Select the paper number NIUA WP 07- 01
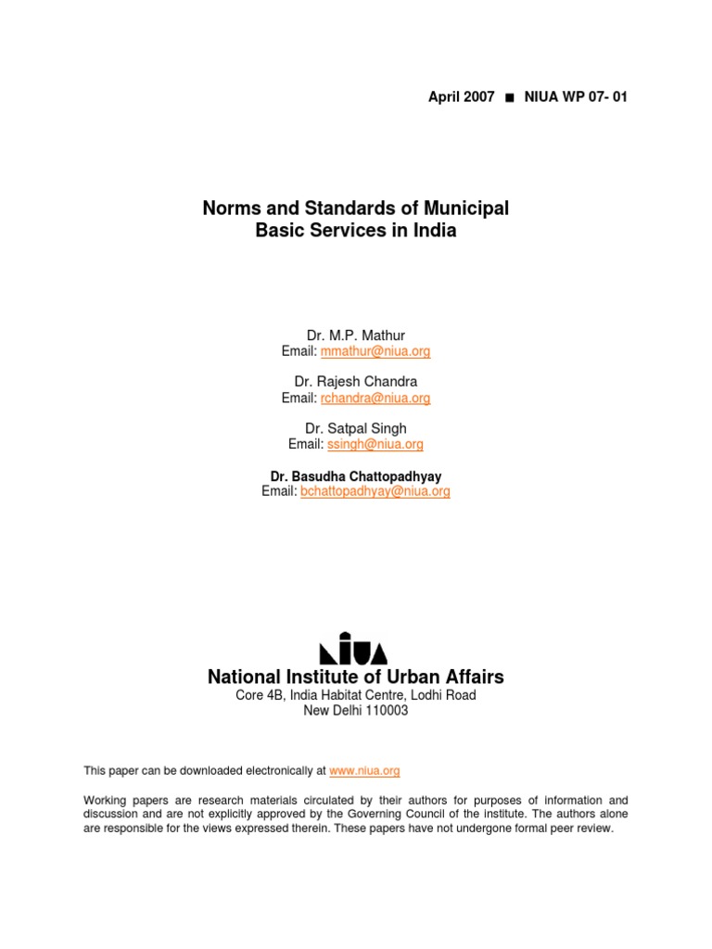click(x=575, y=97)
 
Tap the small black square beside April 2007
click(x=509, y=98)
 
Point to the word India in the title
click(x=435, y=231)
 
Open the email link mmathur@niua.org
click(x=375, y=351)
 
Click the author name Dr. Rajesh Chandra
click(x=356, y=381)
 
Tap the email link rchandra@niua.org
click(x=375, y=399)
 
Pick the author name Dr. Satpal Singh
click(x=356, y=428)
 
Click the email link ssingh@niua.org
click(x=375, y=445)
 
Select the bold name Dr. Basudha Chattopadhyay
click(x=356, y=476)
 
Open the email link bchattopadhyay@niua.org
click(x=375, y=492)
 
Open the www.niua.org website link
click(x=364, y=770)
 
